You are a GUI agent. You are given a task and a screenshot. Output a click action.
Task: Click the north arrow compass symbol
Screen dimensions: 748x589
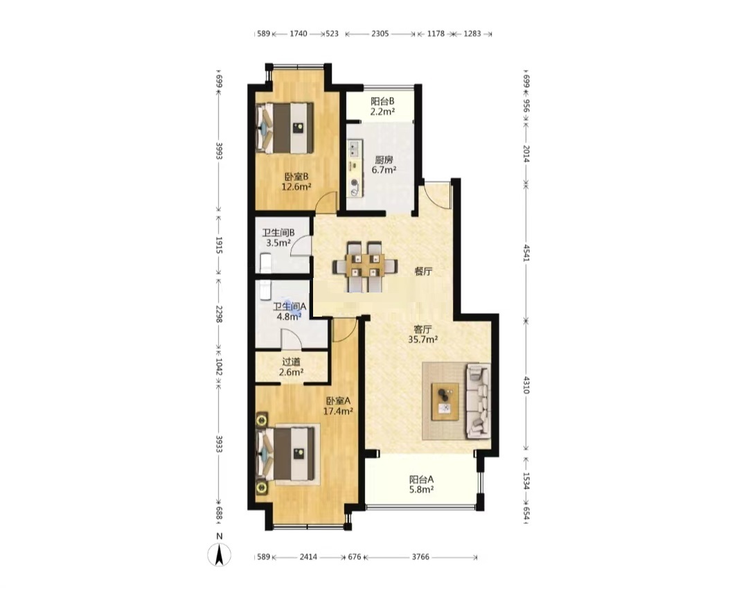pyautogui.click(x=220, y=554)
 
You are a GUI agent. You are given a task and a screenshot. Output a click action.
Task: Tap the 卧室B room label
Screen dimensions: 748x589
pyautogui.click(x=296, y=176)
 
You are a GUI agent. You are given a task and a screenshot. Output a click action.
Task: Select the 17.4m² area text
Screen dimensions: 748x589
pyautogui.click(x=338, y=411)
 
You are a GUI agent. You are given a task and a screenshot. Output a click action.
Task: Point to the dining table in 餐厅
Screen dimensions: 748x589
pyautogui.click(x=365, y=266)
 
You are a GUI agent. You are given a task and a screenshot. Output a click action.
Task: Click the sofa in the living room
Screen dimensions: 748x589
pyautogui.click(x=478, y=401)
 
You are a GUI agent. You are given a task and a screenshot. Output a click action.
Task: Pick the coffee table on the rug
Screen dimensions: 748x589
pyautogui.click(x=445, y=401)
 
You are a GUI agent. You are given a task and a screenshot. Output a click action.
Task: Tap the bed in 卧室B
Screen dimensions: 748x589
pyautogui.click(x=285, y=128)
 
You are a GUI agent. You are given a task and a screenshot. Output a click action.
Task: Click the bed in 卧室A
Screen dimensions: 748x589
pyautogui.click(x=285, y=453)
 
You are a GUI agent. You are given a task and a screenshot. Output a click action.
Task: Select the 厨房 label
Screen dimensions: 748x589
pyautogui.click(x=384, y=159)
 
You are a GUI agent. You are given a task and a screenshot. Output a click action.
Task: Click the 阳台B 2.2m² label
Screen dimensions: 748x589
pyautogui.click(x=382, y=107)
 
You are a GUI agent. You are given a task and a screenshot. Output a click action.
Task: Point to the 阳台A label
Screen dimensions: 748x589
pyautogui.click(x=421, y=480)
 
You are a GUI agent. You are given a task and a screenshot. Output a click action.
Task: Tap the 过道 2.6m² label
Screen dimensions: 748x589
pyautogui.click(x=291, y=367)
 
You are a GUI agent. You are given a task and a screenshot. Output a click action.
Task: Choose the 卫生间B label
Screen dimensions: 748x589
pyautogui.click(x=278, y=232)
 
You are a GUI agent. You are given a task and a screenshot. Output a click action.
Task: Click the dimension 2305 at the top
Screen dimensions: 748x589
pyautogui.click(x=380, y=34)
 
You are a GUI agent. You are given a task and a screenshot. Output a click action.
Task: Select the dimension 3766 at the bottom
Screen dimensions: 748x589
pyautogui.click(x=421, y=556)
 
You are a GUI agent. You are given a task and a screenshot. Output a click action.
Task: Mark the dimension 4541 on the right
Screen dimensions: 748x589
pyautogui.click(x=526, y=252)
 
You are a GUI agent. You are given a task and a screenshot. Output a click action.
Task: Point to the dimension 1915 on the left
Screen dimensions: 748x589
pyautogui.click(x=219, y=245)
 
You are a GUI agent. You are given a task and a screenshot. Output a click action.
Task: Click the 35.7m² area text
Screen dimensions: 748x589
pyautogui.click(x=422, y=340)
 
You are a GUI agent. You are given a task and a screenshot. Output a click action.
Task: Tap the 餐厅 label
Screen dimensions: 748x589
pyautogui.click(x=424, y=271)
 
